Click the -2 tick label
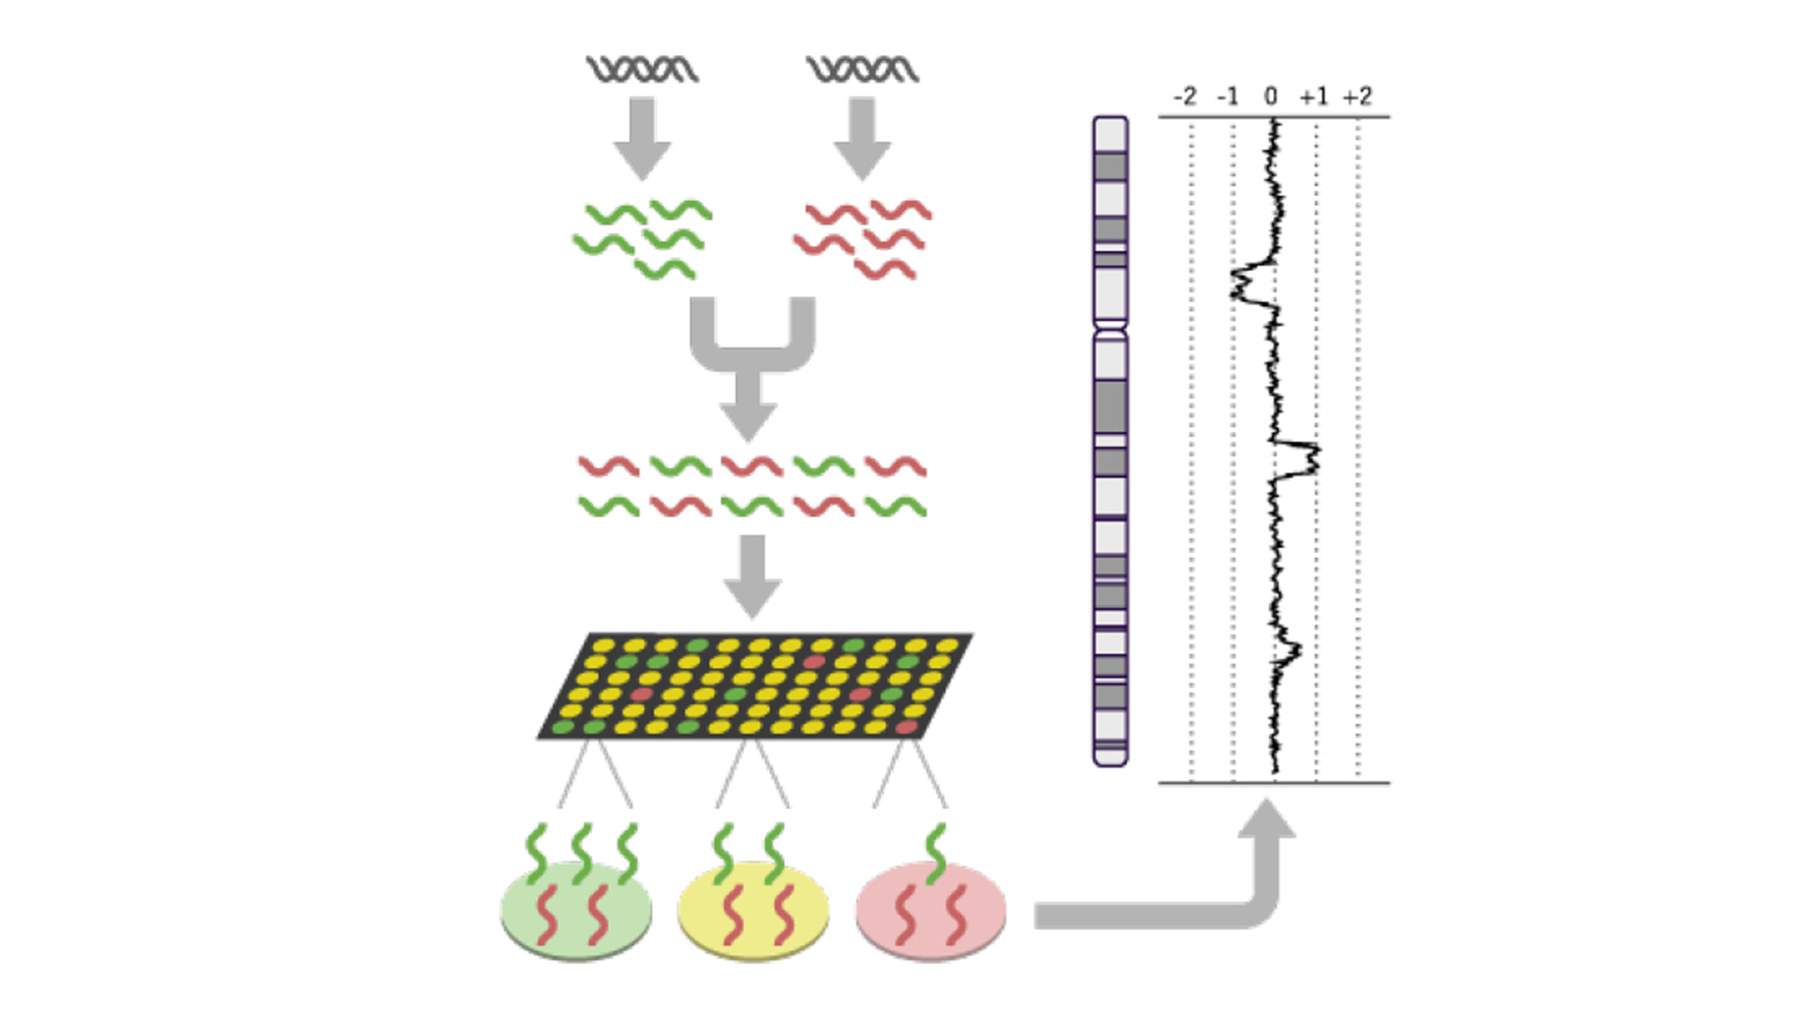pyautogui.click(x=1185, y=97)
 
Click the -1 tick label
pyautogui.click(x=1228, y=97)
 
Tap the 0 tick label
pyautogui.click(x=1271, y=97)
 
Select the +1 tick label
pyautogui.click(x=1314, y=97)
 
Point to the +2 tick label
pyautogui.click(x=1357, y=97)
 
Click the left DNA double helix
pyautogui.click(x=643, y=69)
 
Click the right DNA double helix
pyautogui.click(x=863, y=69)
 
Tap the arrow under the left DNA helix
pyautogui.click(x=643, y=138)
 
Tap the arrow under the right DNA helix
pyautogui.click(x=863, y=138)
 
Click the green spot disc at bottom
pyautogui.click(x=575, y=910)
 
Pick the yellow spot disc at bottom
pyautogui.click(x=754, y=910)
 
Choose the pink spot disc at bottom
pyautogui.click(x=930, y=910)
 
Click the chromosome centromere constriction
pyautogui.click(x=1110, y=329)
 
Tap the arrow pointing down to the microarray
pyautogui.click(x=753, y=575)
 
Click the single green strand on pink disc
pyautogui.click(x=936, y=851)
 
